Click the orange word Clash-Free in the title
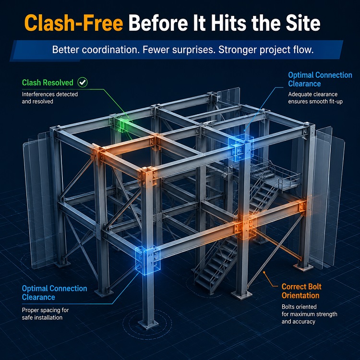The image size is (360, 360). [74, 23]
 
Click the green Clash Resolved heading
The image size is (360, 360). [48, 83]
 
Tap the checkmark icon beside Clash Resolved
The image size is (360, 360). [83, 82]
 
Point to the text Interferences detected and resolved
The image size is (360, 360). [50, 98]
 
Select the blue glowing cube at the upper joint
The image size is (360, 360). [241, 147]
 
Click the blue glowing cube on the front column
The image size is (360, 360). [148, 260]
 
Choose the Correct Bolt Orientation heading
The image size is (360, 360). [301, 291]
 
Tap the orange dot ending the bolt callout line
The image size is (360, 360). [264, 272]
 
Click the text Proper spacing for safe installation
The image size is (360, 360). [45, 313]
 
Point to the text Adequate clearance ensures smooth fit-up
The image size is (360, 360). [315, 98]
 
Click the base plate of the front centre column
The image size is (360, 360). [148, 324]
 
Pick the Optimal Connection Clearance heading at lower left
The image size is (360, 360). [54, 293]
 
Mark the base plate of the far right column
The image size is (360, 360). [303, 267]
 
